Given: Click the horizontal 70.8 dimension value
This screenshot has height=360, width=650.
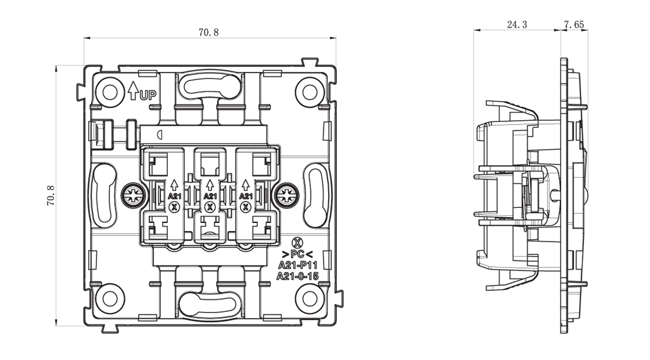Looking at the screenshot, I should coord(209,32).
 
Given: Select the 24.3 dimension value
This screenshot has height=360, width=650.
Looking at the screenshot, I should coord(517,25).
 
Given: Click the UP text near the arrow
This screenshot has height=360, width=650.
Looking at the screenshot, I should coord(148,96).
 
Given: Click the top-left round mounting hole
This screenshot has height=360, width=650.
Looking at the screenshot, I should coord(110,91).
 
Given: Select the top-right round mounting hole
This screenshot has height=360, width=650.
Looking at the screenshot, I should coord(309,91).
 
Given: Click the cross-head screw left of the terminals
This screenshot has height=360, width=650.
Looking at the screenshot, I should coord(132,195).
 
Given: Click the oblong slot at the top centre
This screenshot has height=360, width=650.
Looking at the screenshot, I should coord(209,85).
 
